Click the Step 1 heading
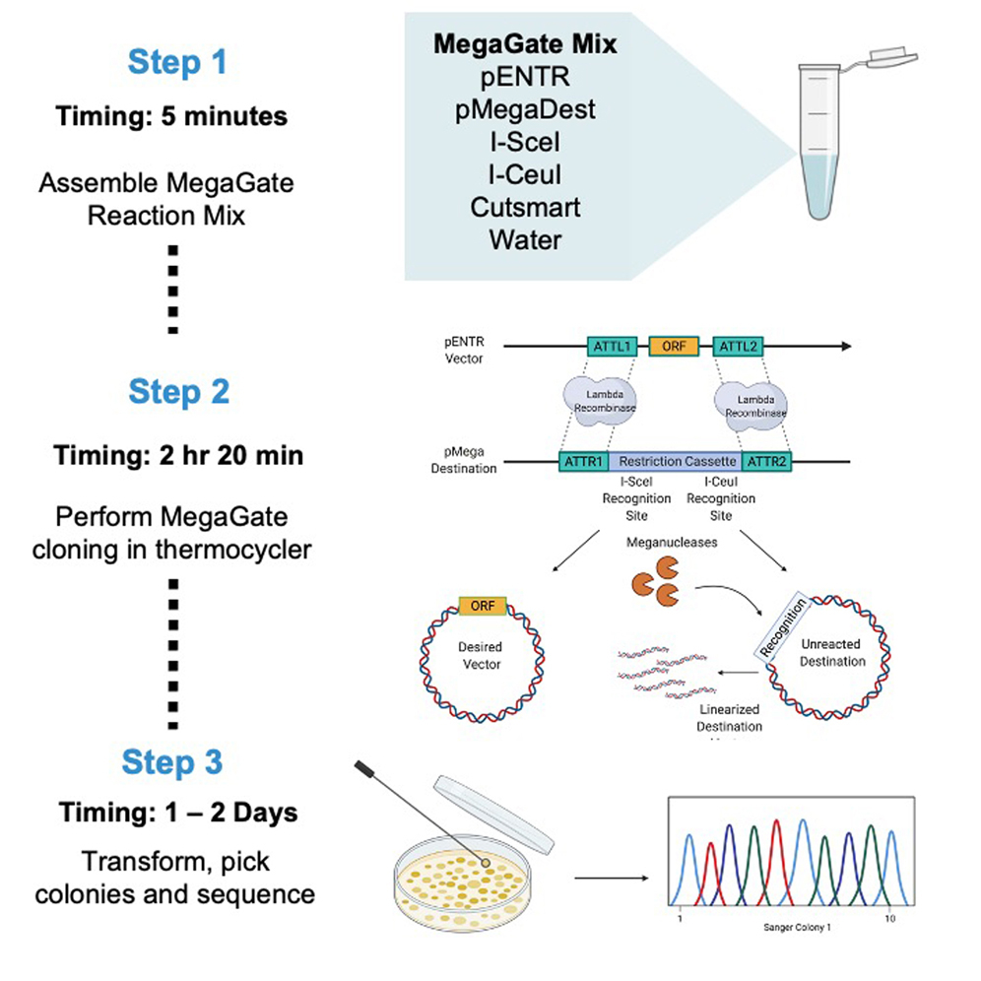coord(177,62)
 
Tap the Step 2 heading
coord(178,392)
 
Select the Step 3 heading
coord(172,762)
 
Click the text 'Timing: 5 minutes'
coord(171,116)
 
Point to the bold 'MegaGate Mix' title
coord(525,44)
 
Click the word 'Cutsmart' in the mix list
coord(525,208)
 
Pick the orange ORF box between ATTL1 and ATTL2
coord(674,347)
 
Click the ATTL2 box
coord(736,347)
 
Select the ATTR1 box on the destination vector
coord(583,460)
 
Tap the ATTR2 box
coord(765,460)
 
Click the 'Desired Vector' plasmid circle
coord(480,655)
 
